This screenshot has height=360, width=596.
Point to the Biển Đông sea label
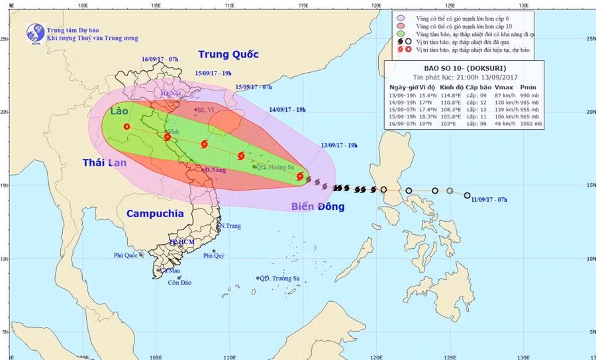click(318, 207)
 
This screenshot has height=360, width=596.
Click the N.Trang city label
click(229, 226)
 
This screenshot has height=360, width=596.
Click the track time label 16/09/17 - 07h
click(160, 60)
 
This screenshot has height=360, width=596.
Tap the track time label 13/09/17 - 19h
click(339, 145)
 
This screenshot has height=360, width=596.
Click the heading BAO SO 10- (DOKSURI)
click(462, 68)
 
